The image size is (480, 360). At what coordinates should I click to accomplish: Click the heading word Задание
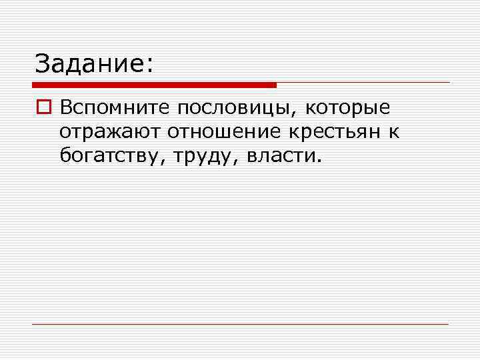89,65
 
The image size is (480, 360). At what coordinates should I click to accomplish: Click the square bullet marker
44,108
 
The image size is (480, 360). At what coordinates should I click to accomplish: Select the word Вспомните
113,108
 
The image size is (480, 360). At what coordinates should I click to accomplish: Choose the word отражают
110,132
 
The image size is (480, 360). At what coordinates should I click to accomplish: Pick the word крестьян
337,132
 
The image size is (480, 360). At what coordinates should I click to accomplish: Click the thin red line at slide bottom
240,324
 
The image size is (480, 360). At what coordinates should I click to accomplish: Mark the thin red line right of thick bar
363,83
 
